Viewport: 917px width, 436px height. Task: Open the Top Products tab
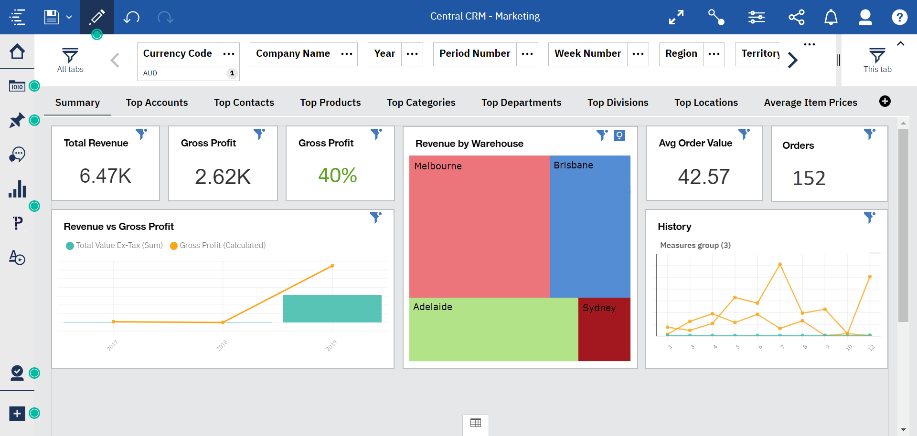pos(330,103)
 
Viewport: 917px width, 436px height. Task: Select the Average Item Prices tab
pos(810,103)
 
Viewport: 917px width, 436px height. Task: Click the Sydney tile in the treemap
pos(604,329)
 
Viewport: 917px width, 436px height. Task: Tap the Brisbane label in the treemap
pos(573,165)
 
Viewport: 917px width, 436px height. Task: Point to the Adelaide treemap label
pos(432,307)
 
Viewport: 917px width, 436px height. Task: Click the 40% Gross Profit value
pos(337,175)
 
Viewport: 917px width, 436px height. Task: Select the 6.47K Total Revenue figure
pos(105,176)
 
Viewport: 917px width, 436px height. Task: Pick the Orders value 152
pos(809,178)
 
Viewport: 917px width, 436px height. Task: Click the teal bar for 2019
pos(332,308)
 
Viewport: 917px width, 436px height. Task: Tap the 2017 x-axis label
pos(112,345)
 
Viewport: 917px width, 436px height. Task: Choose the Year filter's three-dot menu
pos(412,54)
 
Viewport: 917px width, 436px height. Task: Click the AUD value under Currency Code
pos(150,73)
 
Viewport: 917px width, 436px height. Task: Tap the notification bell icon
pos(831,17)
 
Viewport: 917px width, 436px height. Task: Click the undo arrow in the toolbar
pos(131,17)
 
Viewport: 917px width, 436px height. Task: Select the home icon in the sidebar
pos(17,52)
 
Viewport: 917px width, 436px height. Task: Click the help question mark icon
pos(899,17)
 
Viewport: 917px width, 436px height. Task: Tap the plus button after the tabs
pos(885,101)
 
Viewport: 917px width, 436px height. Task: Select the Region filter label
pos(681,53)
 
